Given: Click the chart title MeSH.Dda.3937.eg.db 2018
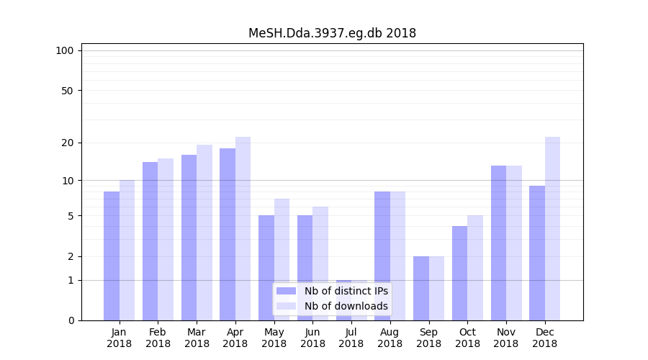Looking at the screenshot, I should [x=332, y=33].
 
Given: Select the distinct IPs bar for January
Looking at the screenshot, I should [x=112, y=256].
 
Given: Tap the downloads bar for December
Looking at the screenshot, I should [x=552, y=228].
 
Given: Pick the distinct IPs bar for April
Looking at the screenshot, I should [x=228, y=234].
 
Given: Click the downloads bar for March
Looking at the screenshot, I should [x=204, y=233].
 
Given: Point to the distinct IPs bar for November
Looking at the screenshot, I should [x=498, y=243].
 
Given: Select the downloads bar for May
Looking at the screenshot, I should [x=282, y=259].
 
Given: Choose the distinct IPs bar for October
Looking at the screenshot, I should [x=459, y=273].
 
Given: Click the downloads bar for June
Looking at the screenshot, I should [x=320, y=264].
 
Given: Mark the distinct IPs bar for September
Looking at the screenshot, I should [x=421, y=288].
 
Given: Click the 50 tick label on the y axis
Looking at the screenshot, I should [x=68, y=91].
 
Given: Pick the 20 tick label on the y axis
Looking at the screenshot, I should [x=68, y=143].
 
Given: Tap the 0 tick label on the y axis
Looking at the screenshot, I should [x=71, y=320].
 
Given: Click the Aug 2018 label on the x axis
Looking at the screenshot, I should [x=390, y=338].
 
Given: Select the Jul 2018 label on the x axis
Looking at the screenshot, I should [x=351, y=338].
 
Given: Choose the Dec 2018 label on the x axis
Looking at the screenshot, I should [x=544, y=338].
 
